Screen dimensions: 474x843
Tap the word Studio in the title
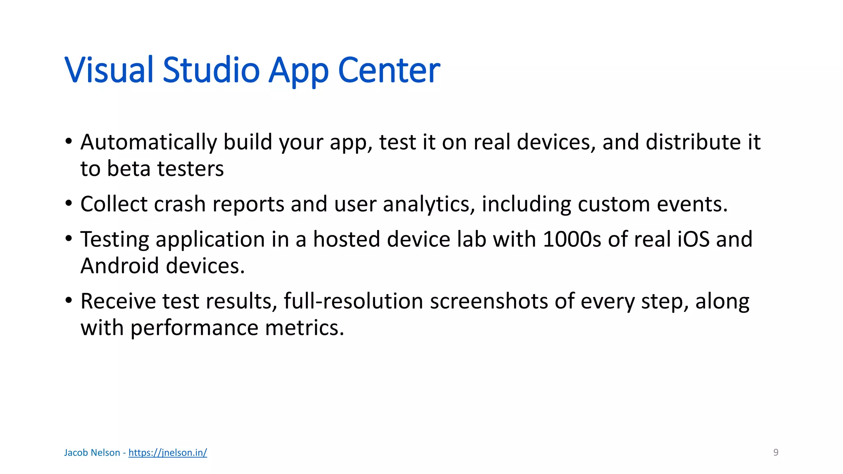point(211,70)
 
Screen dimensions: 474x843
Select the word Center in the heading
point(389,70)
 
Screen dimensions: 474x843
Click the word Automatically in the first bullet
point(148,142)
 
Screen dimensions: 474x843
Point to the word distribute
point(693,142)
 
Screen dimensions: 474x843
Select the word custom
point(614,204)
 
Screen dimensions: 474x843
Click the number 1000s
point(572,239)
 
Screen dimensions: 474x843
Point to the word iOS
point(693,239)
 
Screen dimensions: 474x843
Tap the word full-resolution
point(353,301)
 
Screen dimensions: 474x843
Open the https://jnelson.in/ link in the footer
point(168,453)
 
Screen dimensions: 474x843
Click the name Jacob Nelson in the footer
point(92,453)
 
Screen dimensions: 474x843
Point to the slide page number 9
point(776,453)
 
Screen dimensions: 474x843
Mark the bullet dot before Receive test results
point(69,300)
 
